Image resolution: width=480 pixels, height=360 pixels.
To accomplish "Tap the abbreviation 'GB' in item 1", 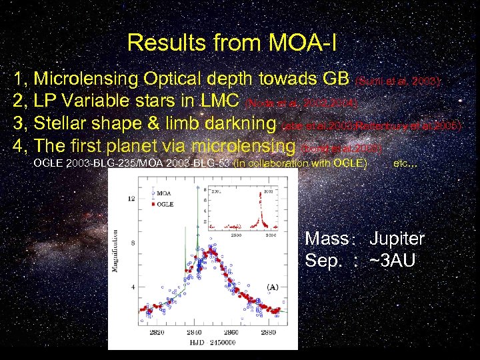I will click(335, 79).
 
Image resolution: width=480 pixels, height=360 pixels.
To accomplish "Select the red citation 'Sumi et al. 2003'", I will click(399, 81).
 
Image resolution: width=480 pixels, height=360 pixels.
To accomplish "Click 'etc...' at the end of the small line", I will click(406, 163).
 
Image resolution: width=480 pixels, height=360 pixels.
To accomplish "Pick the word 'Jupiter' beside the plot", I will click(397, 239).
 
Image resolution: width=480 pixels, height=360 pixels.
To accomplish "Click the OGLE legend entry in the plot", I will click(165, 204).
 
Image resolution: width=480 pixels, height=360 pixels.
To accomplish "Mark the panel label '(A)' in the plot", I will click(272, 287).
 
